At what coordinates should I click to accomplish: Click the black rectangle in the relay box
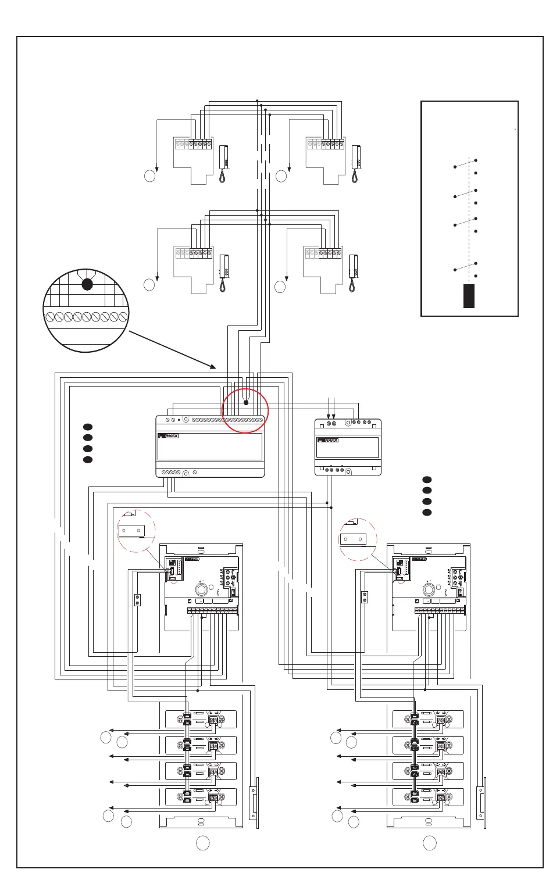tap(469, 296)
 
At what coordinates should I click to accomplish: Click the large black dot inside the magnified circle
tap(87, 284)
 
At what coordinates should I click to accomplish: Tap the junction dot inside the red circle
tap(245, 402)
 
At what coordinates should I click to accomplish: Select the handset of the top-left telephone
tap(223, 164)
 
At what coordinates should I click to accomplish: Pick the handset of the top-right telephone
tap(355, 164)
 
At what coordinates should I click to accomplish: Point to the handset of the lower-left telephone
tap(223, 273)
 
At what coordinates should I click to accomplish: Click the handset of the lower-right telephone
tap(352, 273)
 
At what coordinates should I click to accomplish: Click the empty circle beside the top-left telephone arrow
tap(150, 176)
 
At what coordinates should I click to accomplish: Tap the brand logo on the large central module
tap(168, 436)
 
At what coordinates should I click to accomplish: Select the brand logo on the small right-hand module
tap(327, 441)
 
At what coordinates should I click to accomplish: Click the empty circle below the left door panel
tap(202, 842)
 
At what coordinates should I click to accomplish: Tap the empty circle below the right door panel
tap(430, 842)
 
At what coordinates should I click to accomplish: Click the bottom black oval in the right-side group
tap(427, 513)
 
